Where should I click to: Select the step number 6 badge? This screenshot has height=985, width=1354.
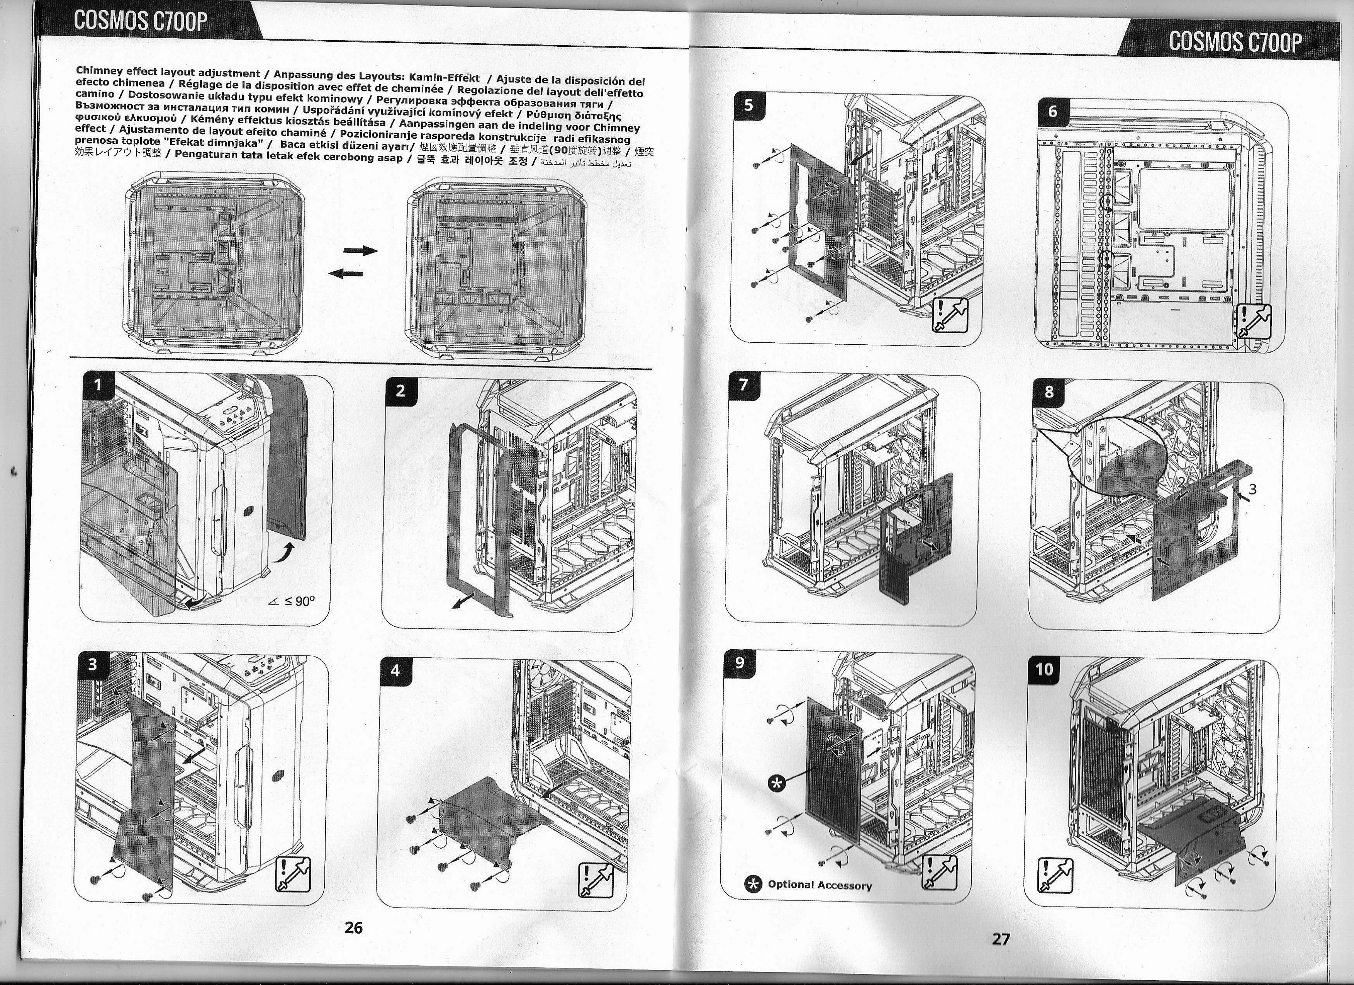1052,111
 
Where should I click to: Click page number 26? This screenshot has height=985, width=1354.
353,928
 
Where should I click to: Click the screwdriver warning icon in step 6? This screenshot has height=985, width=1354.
1252,321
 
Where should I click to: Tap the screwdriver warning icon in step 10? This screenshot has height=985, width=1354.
1055,875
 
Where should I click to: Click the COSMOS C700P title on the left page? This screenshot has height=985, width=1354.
141,22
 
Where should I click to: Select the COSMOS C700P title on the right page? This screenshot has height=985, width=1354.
1235,41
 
